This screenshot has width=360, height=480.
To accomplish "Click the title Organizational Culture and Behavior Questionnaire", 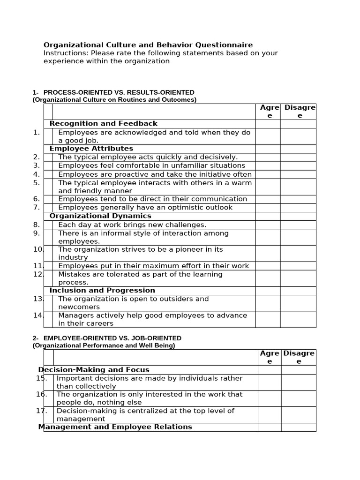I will pyautogui.click(x=148, y=45).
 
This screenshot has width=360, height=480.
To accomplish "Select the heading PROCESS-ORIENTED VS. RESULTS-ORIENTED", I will pyautogui.click(x=119, y=92).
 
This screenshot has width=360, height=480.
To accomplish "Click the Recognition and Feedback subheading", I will pyautogui.click(x=104, y=124).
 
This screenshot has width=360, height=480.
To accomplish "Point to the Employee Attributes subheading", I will pyautogui.click(x=91, y=149).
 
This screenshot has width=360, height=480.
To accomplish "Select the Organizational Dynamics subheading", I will pyautogui.click(x=100, y=216).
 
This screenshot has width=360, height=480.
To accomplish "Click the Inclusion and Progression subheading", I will pyautogui.click(x=102, y=291).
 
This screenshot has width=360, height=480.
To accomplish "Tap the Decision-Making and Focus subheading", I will pyautogui.click(x=94, y=370).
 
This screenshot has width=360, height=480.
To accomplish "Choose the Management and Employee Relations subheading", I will pyautogui.click(x=115, y=427).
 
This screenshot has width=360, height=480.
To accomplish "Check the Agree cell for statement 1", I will pyautogui.click(x=268, y=136).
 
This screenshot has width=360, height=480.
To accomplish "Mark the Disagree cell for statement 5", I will pyautogui.click(x=298, y=187).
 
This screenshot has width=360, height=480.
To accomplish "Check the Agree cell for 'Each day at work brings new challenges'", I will pyautogui.click(x=268, y=225).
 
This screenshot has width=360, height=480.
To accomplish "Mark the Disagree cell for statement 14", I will pyautogui.click(x=298, y=319).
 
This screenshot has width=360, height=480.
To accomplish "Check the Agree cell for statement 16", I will pyautogui.click(x=270, y=398).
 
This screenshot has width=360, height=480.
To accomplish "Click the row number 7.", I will pyautogui.click(x=37, y=207).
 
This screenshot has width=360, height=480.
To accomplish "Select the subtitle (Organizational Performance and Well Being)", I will pyautogui.click(x=104, y=345).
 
